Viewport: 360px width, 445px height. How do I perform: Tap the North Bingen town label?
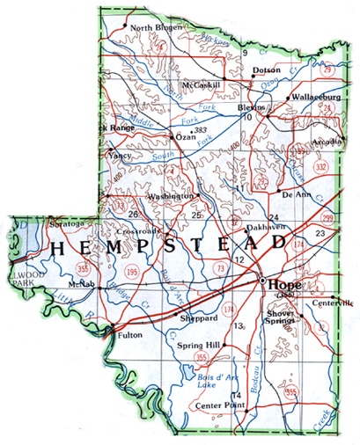157,28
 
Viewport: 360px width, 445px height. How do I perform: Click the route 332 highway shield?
321,166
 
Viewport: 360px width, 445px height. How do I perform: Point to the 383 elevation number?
200,129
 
